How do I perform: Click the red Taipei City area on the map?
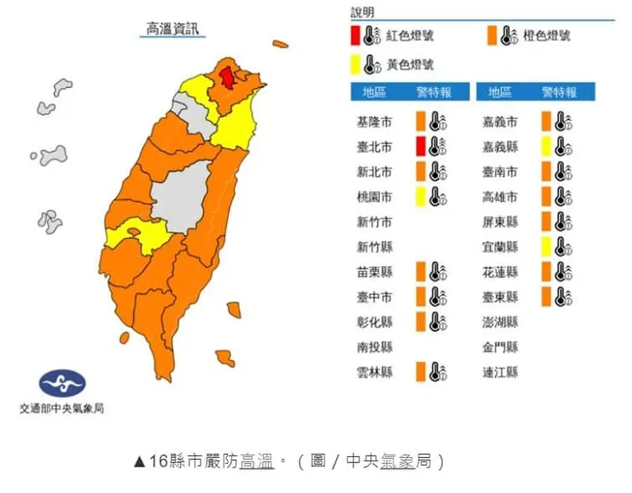(228, 78)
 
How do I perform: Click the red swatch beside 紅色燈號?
(354, 36)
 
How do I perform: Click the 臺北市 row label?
(375, 147)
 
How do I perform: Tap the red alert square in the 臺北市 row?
(421, 146)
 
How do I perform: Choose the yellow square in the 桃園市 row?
(421, 196)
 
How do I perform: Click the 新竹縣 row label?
(375, 246)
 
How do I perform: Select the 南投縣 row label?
(375, 347)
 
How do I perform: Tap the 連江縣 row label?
(500, 372)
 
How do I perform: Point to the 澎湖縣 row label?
(500, 322)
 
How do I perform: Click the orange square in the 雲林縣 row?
(421, 372)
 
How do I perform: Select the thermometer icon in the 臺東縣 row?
(562, 297)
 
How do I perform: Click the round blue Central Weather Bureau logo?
(62, 383)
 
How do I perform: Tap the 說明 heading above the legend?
(363, 12)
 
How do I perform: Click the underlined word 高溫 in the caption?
(256, 462)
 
